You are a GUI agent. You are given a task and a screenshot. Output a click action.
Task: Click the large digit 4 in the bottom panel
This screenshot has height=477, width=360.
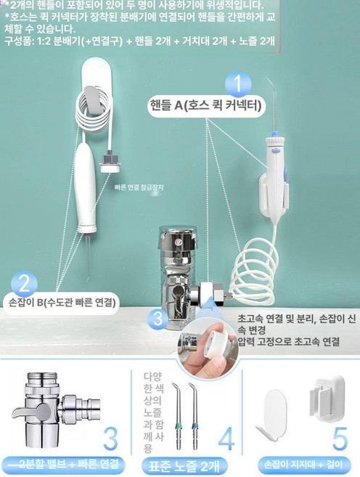pos(226,438)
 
